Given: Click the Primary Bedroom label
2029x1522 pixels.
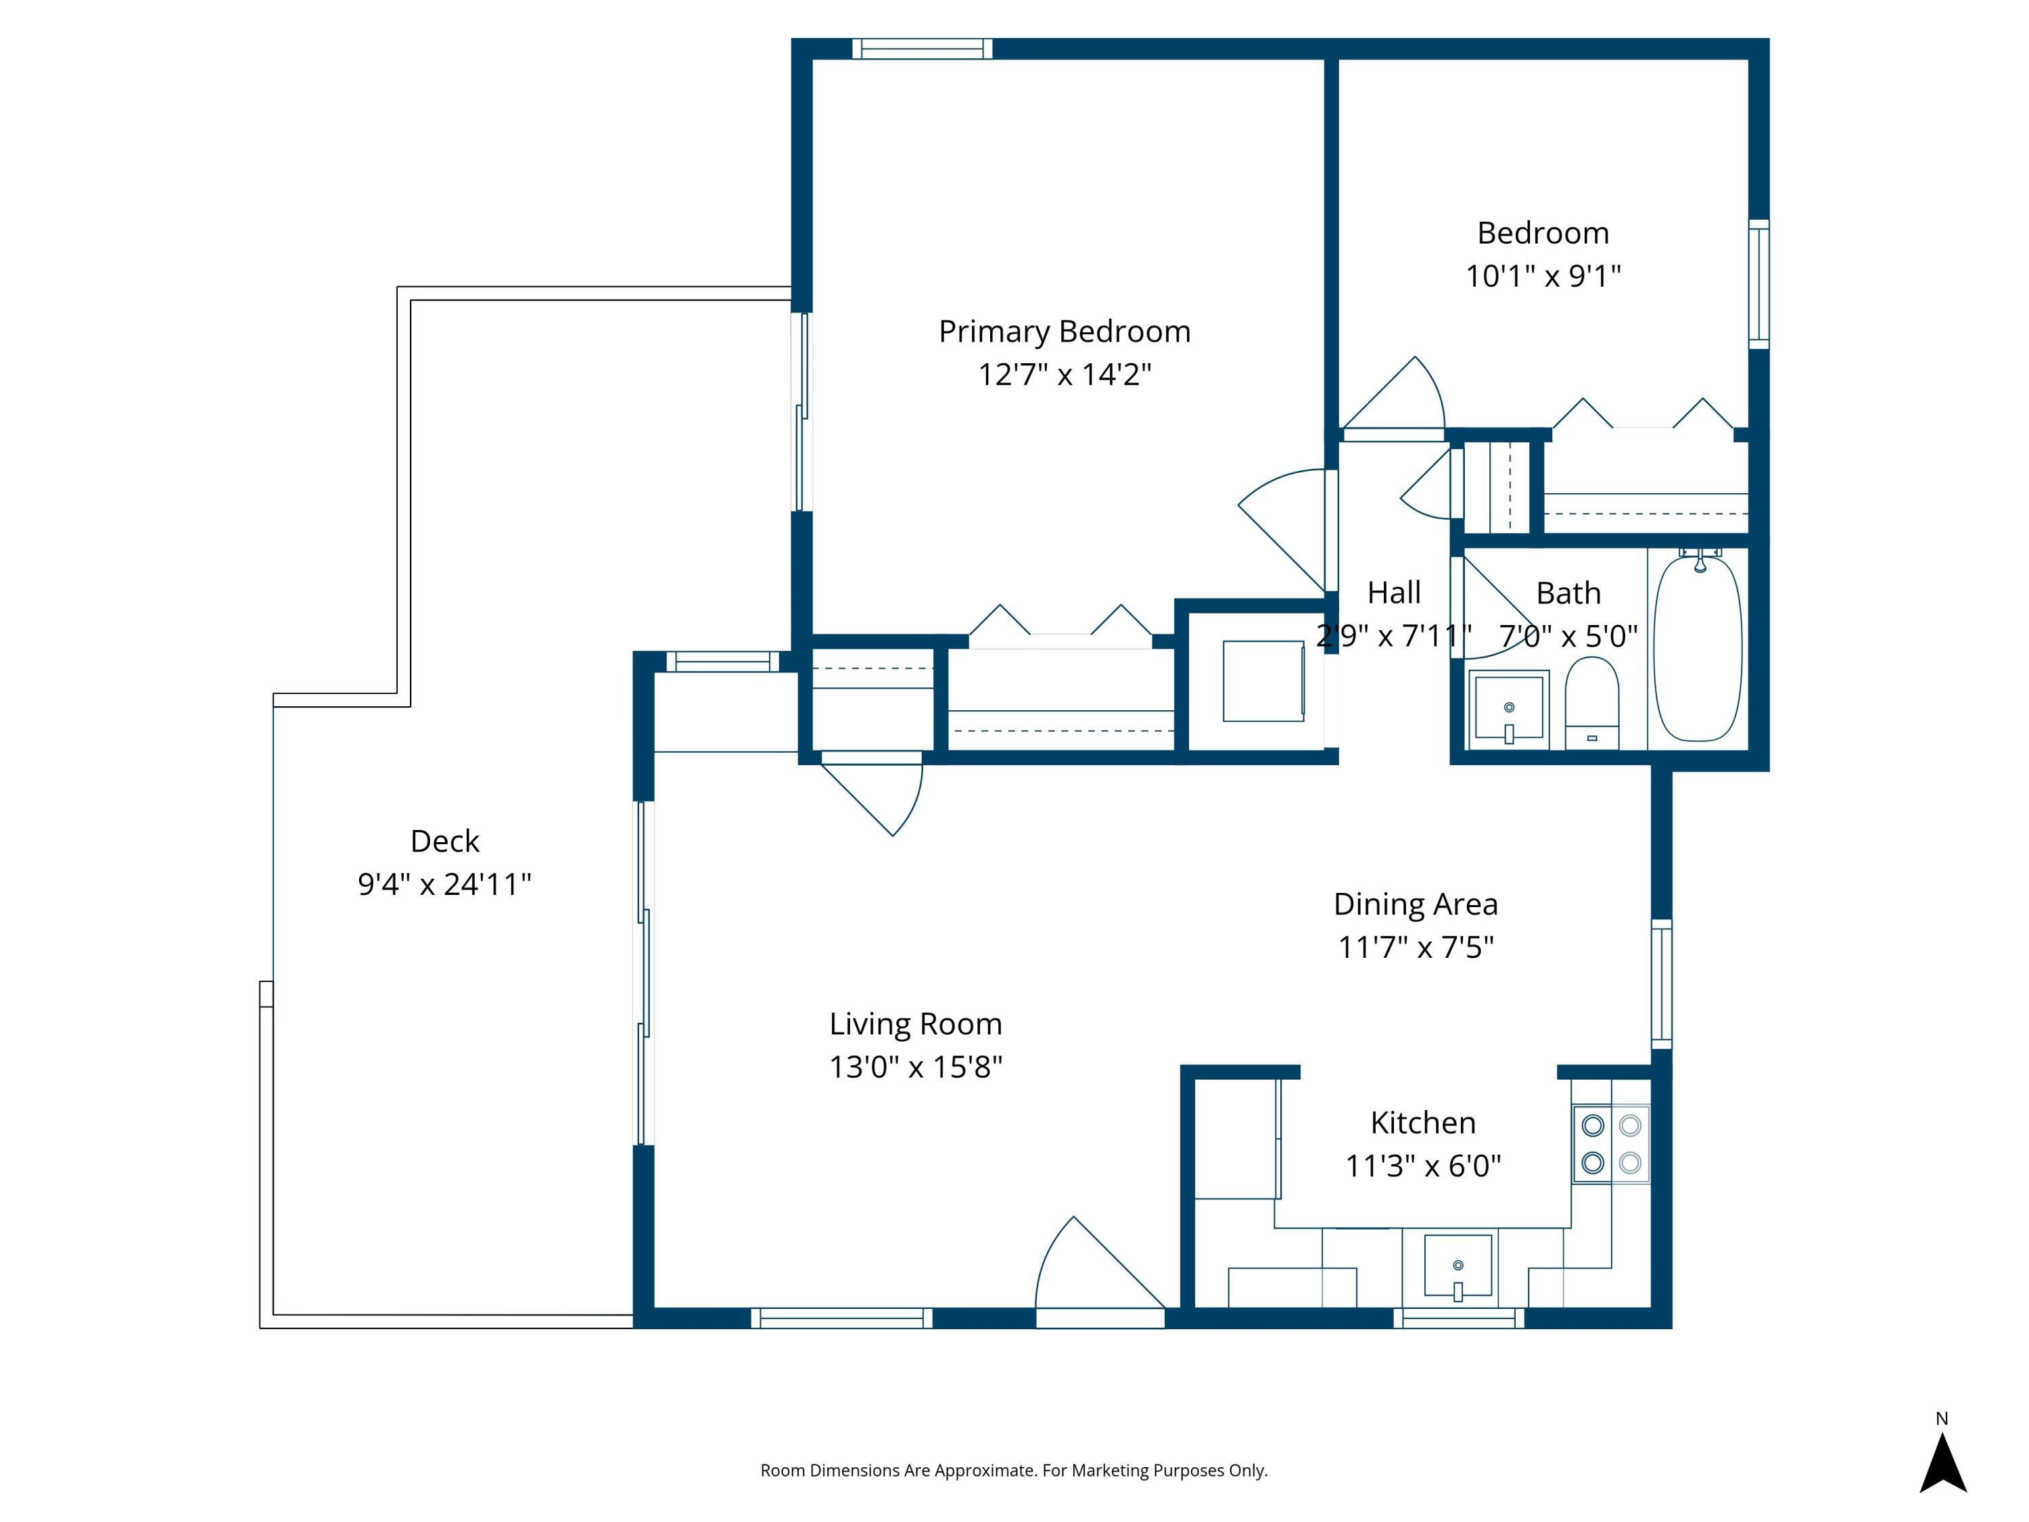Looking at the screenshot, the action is (1064, 331).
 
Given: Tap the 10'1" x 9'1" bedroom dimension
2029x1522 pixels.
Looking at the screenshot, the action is (1543, 275).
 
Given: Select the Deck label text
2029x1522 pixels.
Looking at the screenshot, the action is (445, 840).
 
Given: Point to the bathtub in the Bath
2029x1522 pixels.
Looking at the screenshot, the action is (1697, 648).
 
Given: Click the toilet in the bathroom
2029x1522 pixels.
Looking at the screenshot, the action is (1591, 703).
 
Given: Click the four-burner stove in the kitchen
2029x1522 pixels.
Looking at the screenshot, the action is (1612, 1143).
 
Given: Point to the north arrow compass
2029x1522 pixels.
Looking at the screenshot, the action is (1943, 1465).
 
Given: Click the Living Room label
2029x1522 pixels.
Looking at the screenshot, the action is (916, 1023).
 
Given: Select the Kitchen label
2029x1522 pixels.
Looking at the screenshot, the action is (1423, 1122).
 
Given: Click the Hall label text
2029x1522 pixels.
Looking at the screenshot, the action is (1394, 593).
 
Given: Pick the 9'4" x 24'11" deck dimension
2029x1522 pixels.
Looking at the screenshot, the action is (445, 883).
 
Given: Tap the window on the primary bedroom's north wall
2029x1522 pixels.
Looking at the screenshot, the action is (922, 49).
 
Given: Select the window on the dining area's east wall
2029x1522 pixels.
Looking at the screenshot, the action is (1661, 984).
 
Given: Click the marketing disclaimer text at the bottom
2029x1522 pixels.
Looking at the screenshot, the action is (1014, 1471).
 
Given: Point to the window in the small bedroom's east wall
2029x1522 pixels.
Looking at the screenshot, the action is (1758, 284).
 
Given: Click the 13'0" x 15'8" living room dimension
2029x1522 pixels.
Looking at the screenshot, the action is (916, 1067).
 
